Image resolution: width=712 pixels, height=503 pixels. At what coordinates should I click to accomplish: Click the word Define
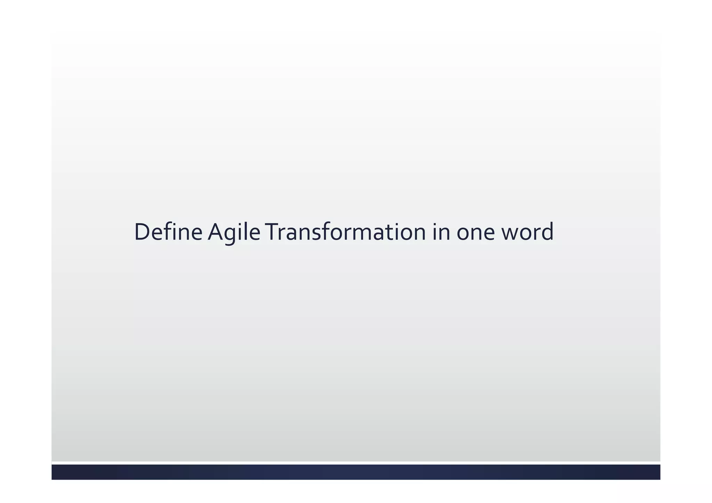(168, 232)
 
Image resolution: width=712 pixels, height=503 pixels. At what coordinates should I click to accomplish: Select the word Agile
(234, 232)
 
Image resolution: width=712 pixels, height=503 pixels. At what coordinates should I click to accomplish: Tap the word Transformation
(346, 232)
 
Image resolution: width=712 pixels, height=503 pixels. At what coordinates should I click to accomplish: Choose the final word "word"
(527, 232)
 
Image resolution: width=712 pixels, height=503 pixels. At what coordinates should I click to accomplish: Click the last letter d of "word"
(547, 232)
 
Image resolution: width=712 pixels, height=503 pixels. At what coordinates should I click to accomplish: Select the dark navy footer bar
(356, 472)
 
